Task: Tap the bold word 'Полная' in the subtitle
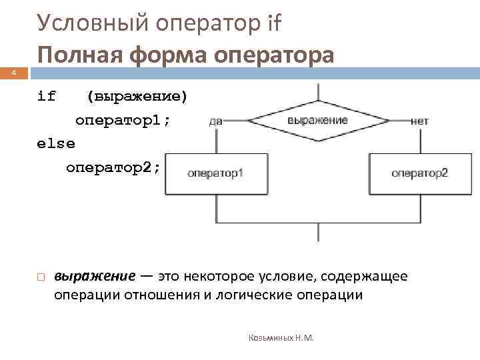click(x=79, y=55)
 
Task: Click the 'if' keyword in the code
click(x=47, y=96)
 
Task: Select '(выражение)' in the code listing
click(x=137, y=96)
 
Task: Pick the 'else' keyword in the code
click(x=56, y=143)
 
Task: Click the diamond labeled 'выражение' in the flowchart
click(x=318, y=121)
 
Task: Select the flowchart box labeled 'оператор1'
click(x=216, y=173)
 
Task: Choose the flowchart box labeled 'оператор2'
click(x=419, y=173)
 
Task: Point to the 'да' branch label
click(x=215, y=121)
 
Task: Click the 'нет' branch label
click(x=420, y=121)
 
